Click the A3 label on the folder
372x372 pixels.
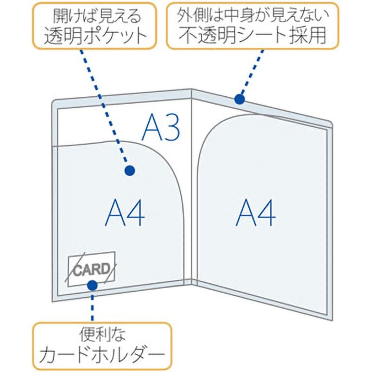[160, 127]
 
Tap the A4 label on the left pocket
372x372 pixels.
[125, 213]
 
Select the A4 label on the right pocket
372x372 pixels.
[255, 213]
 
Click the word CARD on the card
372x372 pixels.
[92, 270]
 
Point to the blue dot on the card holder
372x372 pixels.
[92, 286]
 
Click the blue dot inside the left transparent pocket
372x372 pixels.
[130, 170]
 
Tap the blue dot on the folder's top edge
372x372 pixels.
[239, 99]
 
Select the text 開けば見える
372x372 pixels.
[97, 17]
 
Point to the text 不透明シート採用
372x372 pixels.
[252, 36]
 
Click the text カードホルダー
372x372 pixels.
[102, 355]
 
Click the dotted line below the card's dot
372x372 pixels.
[92, 307]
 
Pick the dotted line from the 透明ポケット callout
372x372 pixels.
[104, 107]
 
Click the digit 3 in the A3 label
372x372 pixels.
[171, 128]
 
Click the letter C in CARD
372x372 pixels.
[77, 271]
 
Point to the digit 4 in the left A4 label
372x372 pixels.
[136, 213]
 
